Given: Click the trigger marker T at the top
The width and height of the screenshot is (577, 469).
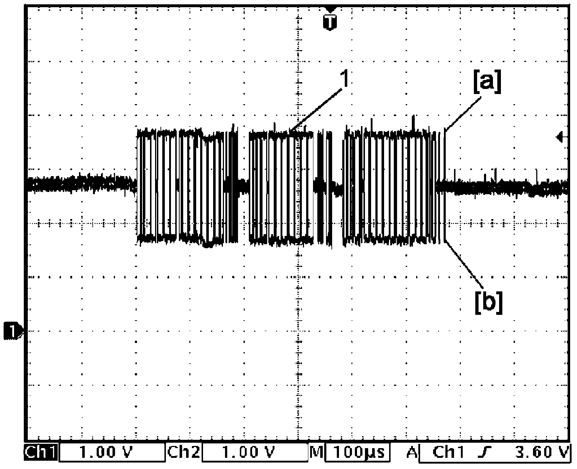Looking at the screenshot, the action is pos(330,22).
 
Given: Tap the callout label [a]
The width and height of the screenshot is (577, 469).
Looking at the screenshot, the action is pos(487,81).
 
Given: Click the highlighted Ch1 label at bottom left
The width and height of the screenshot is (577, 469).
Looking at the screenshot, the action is pos(41,452).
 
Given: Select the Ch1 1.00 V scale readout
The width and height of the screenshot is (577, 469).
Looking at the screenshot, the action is pos(106,452).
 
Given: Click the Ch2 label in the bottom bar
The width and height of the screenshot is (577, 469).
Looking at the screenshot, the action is pos(184,452).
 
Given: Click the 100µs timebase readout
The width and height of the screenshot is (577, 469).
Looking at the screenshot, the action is pos(358,452).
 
